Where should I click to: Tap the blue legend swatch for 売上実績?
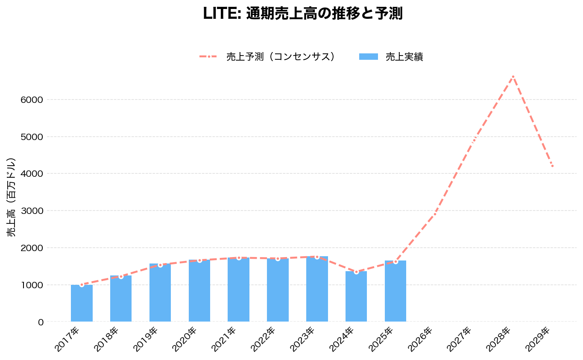[368, 57]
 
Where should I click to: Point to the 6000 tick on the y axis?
[32, 100]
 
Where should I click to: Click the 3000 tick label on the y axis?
[32, 211]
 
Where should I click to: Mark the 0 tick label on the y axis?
[41, 322]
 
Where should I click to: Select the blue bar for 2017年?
[82, 303]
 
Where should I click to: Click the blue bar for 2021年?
[238, 290]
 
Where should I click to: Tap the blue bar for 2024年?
[356, 296]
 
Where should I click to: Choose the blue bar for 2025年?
[396, 291]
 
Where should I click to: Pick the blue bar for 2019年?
[160, 293]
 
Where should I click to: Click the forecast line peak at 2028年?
[513, 76]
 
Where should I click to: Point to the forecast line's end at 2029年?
[552, 166]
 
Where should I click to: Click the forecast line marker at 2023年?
[317, 257]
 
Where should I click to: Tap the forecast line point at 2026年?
[435, 214]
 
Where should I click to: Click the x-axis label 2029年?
[538, 340]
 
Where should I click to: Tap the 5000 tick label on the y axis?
[32, 137]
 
